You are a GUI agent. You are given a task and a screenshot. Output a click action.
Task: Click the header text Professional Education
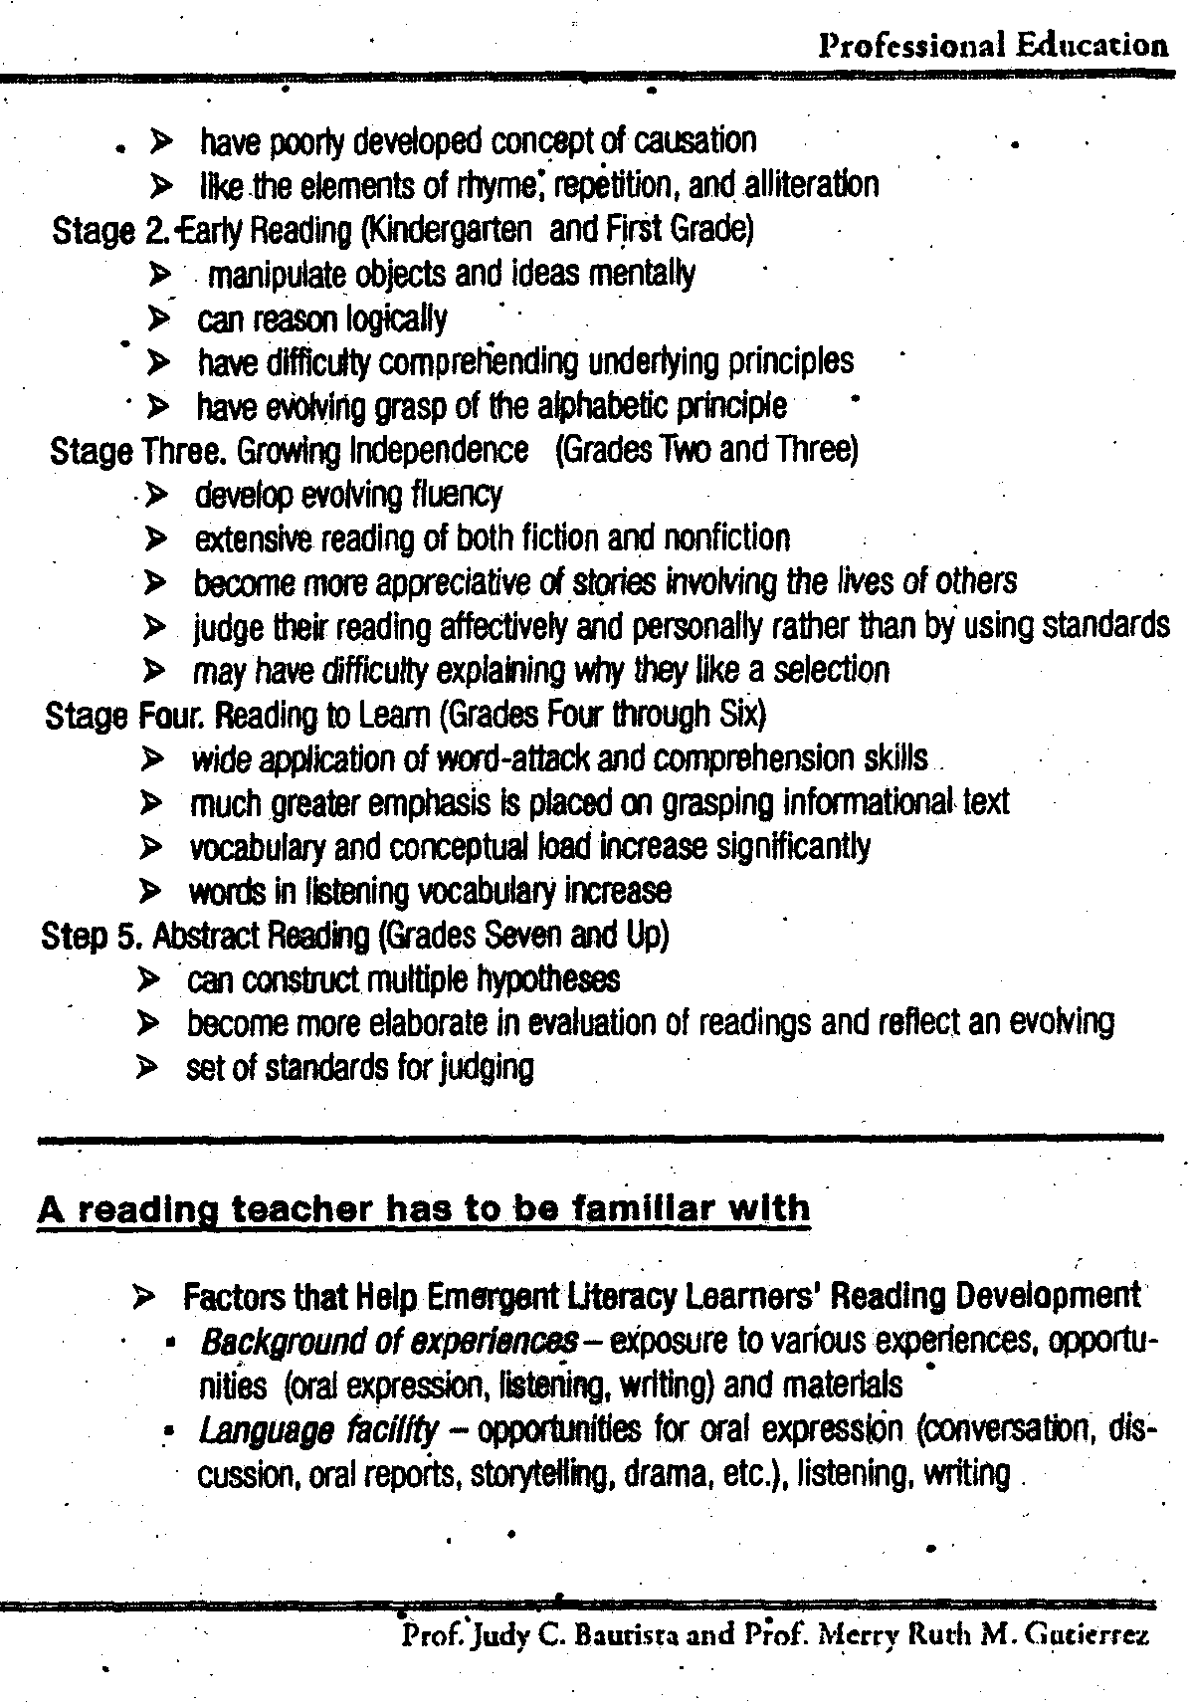(992, 45)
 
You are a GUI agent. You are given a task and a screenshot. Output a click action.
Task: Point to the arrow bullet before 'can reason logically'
(156, 319)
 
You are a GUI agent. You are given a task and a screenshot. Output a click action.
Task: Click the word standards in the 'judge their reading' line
(1105, 626)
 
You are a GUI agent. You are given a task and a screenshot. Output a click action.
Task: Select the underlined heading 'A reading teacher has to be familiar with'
(424, 1209)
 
